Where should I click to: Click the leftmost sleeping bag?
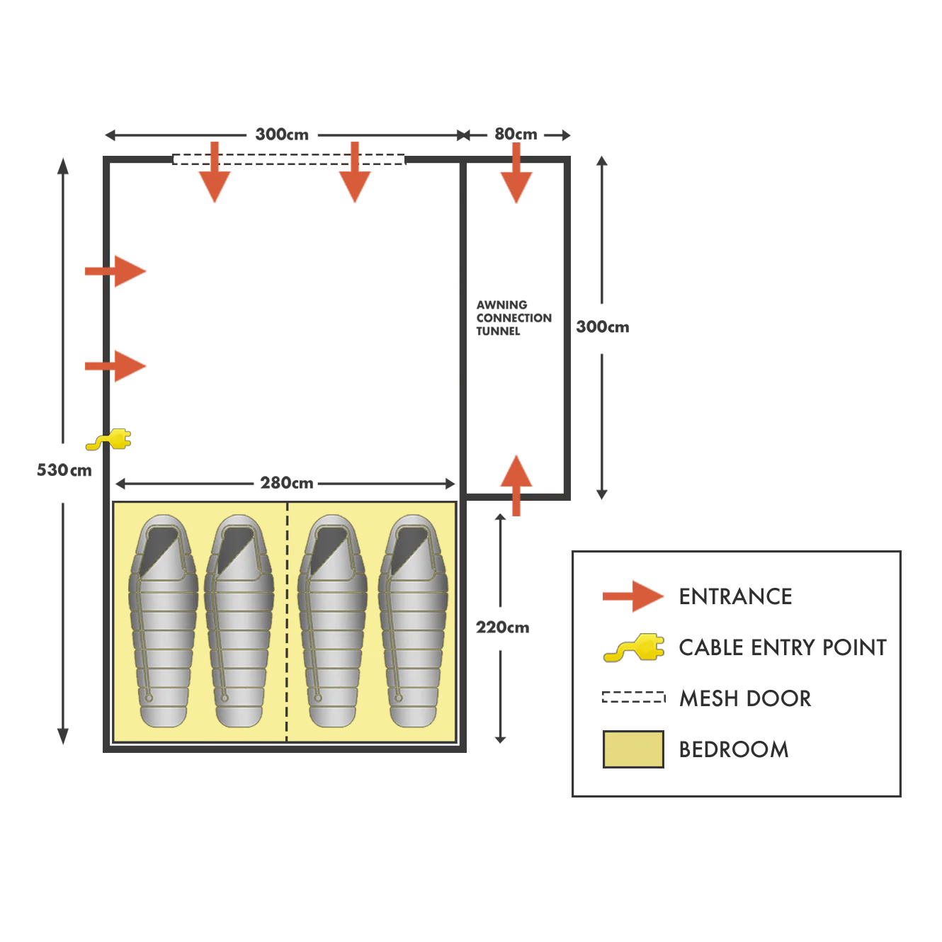point(163,623)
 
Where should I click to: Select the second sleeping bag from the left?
point(239,623)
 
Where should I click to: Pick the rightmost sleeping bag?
point(413,623)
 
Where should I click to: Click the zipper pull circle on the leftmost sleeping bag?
point(149,698)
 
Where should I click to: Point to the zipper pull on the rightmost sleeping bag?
point(399,698)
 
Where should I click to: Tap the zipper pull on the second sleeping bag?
point(225,698)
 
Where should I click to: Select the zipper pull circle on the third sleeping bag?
point(318,698)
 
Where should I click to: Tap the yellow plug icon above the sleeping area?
point(109,439)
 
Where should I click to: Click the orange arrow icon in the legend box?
point(632,596)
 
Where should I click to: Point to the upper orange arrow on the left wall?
point(116,271)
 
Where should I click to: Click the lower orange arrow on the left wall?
point(116,366)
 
